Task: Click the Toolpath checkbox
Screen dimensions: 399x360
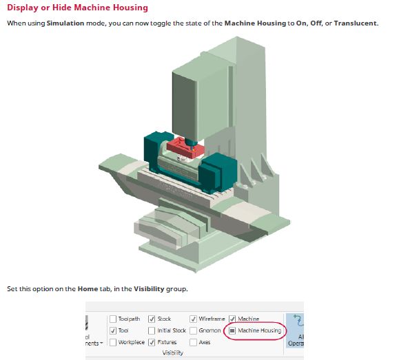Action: (113, 319)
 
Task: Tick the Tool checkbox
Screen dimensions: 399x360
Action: (113, 330)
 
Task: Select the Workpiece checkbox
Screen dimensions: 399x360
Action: (113, 342)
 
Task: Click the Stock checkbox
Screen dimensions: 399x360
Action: (152, 319)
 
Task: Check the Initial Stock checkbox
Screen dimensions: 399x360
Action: (152, 330)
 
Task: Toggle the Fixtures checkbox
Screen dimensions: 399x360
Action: (152, 342)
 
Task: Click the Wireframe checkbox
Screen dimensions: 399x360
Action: (194, 319)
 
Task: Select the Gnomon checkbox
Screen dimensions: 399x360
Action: (194, 330)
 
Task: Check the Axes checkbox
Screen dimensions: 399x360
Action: (194, 342)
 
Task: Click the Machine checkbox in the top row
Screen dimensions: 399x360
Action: (232, 319)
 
